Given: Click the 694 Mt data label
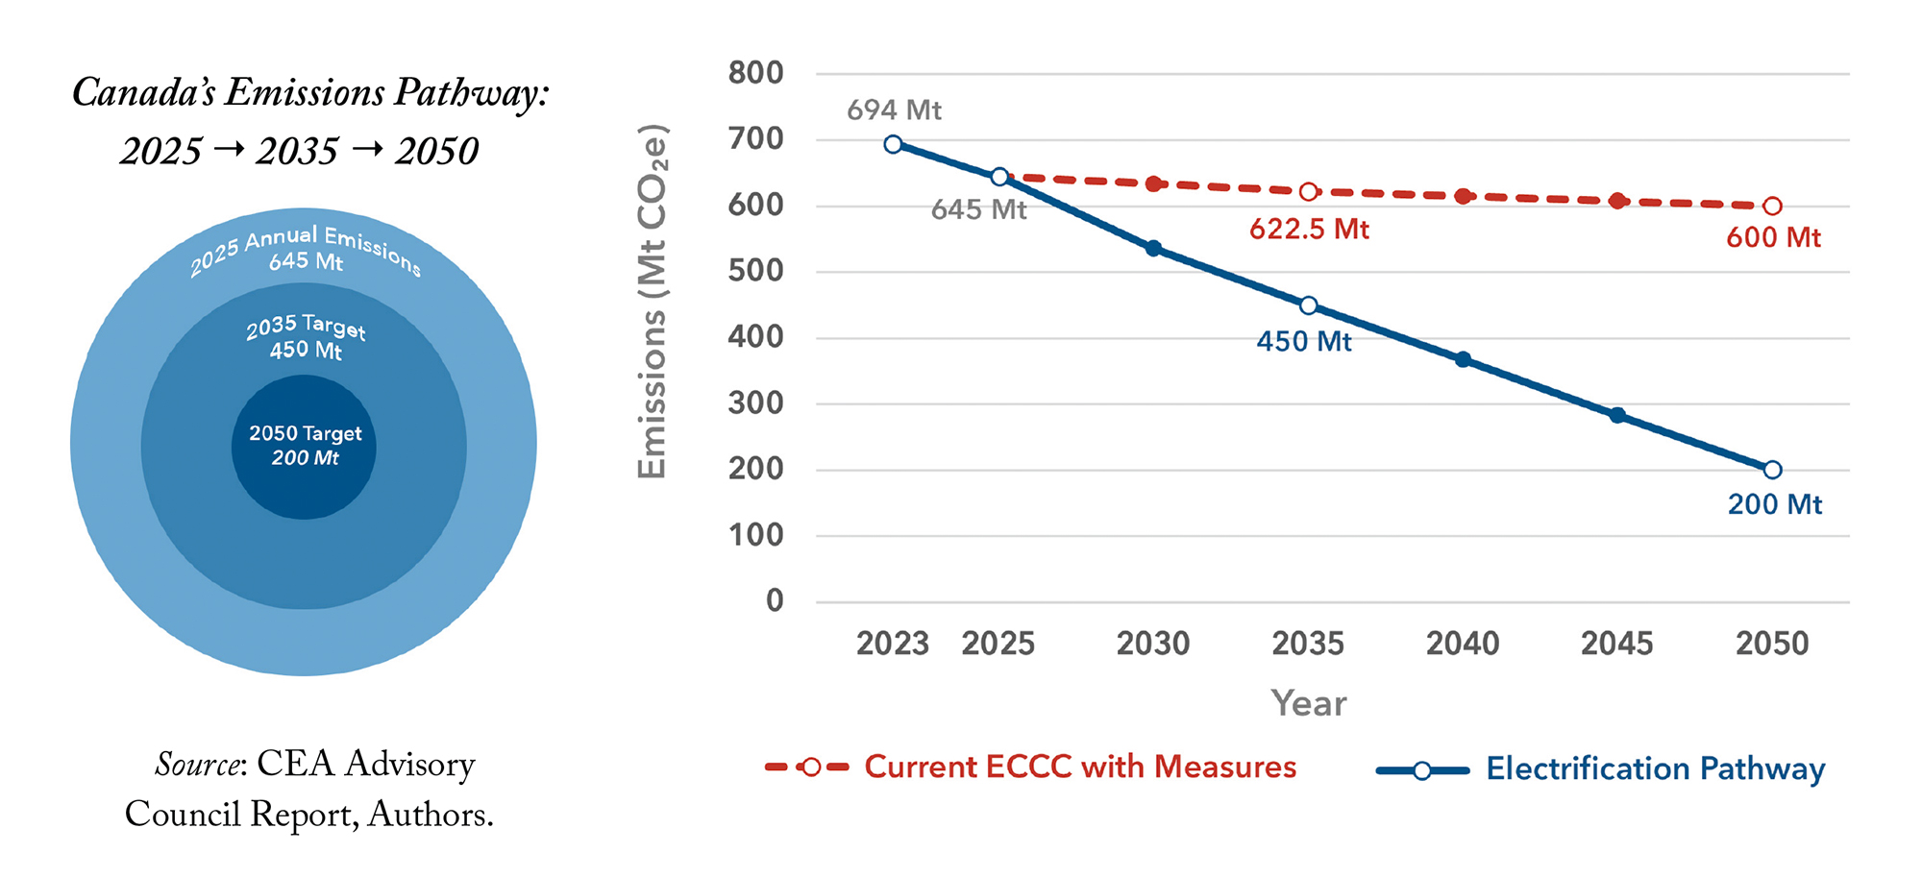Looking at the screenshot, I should coord(894,110).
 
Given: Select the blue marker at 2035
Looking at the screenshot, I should coord(1308,305).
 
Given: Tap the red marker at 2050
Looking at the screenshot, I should coord(1773,206).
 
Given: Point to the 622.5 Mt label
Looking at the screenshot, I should coord(1309,230).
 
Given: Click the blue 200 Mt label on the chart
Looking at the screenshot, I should coord(1775,504).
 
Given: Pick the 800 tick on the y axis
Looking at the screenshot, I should coord(756,73).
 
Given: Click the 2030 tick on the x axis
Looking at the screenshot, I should coord(1153,644).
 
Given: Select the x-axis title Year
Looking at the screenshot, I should coord(1308,704).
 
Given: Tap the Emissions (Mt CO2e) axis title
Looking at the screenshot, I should coord(653,301).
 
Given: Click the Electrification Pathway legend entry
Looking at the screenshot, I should coord(1655,769).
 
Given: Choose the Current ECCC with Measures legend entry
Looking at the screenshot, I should coord(1080,767).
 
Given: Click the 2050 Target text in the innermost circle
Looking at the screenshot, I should coord(306,434).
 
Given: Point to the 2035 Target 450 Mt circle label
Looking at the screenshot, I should coord(306,337).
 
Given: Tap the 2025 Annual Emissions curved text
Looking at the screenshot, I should coord(306,248).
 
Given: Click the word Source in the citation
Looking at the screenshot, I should coord(197,765).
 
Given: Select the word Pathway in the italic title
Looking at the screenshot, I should coord(471,93).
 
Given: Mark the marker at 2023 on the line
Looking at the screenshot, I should coord(893,144).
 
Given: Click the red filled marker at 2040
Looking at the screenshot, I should coord(1463,196).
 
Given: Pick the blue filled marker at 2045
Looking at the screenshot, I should coord(1618,415).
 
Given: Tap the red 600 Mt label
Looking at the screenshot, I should coord(1773,238).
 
